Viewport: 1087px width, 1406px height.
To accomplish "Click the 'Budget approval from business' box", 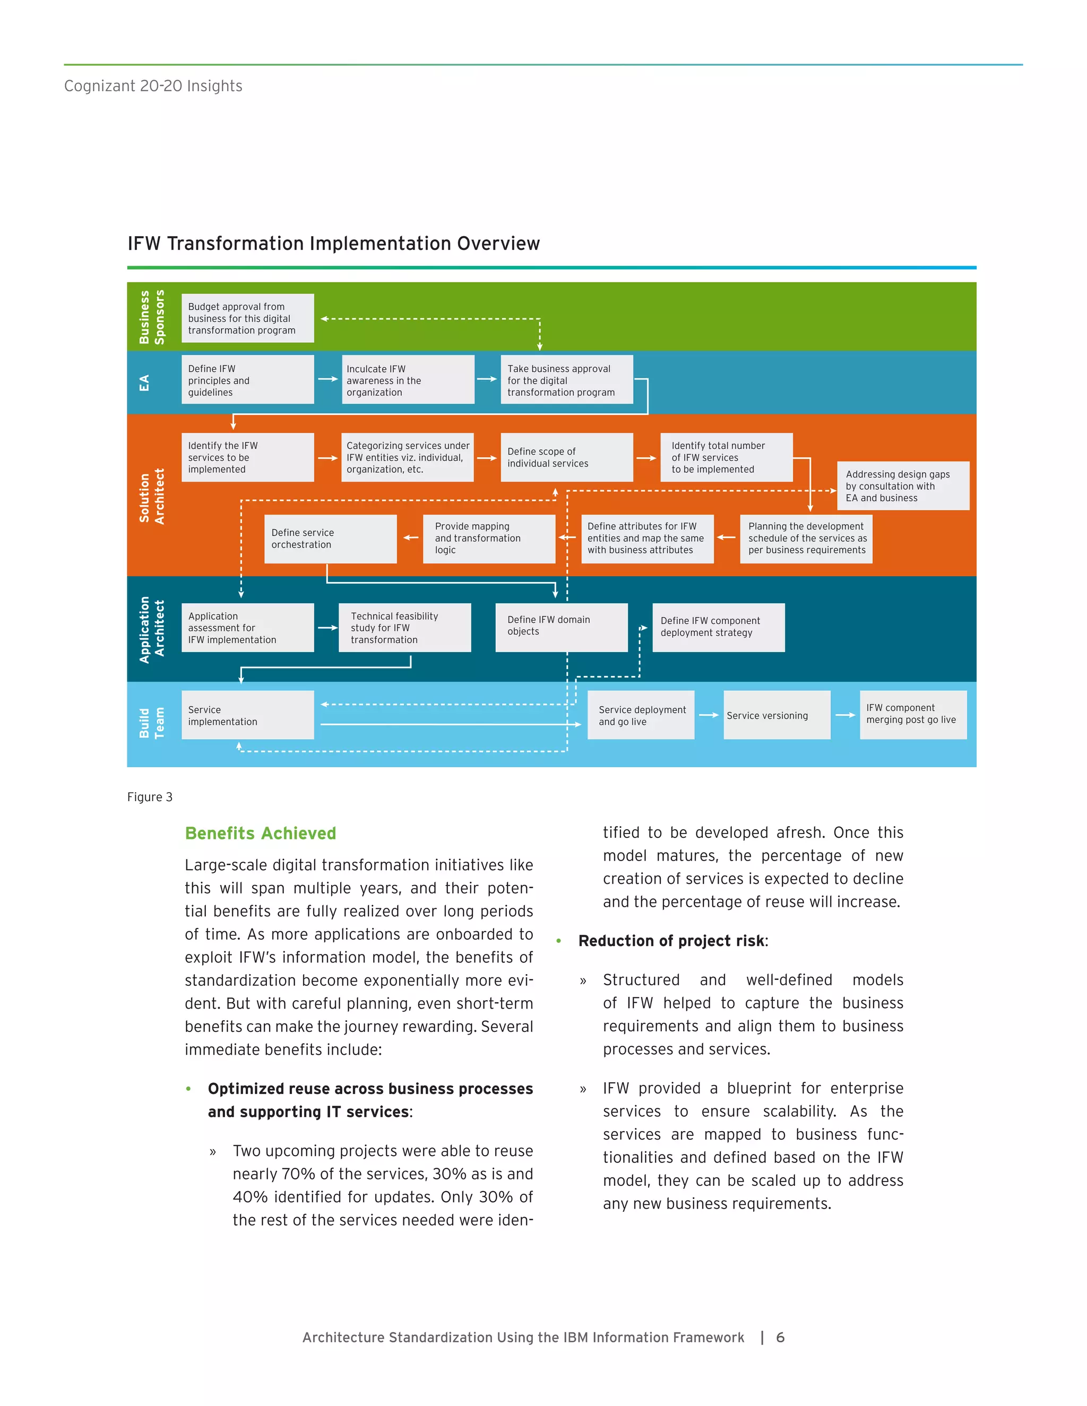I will pos(247,318).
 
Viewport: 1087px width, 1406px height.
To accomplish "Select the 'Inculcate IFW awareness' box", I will pos(408,380).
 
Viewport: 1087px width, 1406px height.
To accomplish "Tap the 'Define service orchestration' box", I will pos(330,539).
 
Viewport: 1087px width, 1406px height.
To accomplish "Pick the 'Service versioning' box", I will pos(777,715).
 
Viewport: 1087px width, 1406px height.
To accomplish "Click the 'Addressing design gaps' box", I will pos(903,486).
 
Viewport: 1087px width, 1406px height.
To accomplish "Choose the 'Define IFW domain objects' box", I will pos(561,627).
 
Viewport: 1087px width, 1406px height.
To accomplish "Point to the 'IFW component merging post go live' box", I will pos(912,715).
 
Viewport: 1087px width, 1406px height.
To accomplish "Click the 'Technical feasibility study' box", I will pos(404,628).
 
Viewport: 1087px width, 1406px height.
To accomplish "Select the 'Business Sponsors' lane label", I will pos(152,317).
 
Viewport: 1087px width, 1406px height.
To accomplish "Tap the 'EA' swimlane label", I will pos(144,383).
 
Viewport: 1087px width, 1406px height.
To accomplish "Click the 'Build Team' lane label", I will pos(152,724).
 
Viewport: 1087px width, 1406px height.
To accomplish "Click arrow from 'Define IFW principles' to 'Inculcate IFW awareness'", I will pos(328,379).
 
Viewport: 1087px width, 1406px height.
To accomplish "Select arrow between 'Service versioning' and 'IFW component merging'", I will pos(845,715).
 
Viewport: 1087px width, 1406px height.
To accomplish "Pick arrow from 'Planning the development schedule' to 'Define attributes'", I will pos(727,537).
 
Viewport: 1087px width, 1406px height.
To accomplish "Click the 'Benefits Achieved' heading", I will pos(260,834).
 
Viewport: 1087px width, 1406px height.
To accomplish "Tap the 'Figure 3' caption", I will pos(149,797).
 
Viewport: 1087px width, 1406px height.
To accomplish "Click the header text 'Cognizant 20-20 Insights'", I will pos(153,86).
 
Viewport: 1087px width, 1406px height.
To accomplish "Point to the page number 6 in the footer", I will pos(780,1337).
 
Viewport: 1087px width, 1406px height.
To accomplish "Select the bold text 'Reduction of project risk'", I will pos(671,941).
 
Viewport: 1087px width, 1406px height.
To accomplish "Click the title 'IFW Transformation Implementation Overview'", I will pos(333,244).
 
